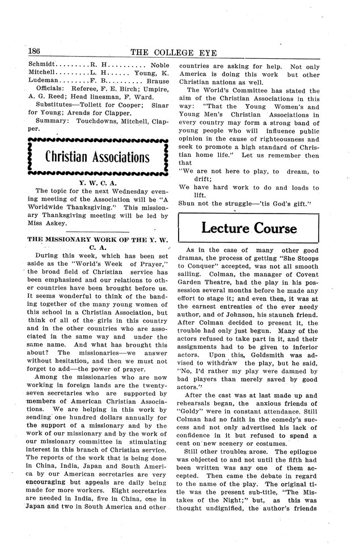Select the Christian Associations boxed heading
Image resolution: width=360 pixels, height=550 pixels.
(98, 157)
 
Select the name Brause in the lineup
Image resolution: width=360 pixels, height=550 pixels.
(157, 81)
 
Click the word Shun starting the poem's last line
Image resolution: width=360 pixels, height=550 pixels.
(187, 203)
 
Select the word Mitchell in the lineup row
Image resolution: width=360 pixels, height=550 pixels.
(42, 73)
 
